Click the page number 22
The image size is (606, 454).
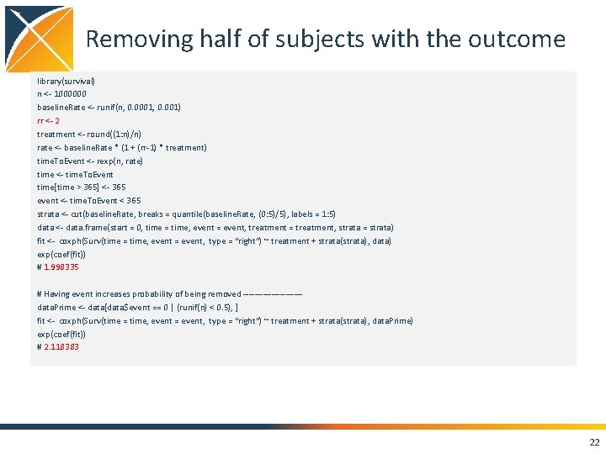tap(595, 442)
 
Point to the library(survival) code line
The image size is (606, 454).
tap(66, 81)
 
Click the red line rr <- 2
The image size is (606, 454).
tap(48, 121)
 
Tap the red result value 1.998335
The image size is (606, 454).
tap(61, 267)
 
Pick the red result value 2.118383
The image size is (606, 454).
tap(61, 347)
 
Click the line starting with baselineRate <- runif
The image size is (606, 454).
tap(109, 108)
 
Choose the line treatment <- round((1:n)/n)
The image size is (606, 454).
tap(89, 135)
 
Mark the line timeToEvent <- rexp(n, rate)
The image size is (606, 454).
tap(90, 161)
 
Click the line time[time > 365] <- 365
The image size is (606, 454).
tap(82, 187)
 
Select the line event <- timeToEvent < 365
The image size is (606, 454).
tap(89, 201)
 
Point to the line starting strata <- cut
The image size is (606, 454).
tap(186, 214)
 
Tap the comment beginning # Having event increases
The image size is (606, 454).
tap(168, 294)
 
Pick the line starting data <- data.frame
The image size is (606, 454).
tap(215, 228)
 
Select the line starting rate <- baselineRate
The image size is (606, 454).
tap(122, 148)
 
